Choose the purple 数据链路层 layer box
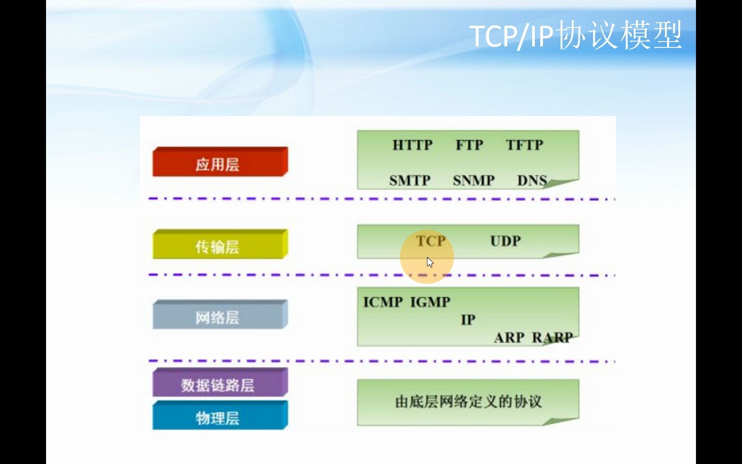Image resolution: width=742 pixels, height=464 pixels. click(219, 383)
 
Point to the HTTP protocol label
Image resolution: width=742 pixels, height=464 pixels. click(412, 145)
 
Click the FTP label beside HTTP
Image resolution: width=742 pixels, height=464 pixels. click(469, 145)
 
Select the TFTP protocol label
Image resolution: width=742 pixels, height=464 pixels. click(524, 145)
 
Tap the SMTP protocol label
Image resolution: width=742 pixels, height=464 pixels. click(409, 181)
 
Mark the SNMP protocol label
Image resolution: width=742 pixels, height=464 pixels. click(473, 181)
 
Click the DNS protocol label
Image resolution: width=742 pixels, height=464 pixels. click(532, 181)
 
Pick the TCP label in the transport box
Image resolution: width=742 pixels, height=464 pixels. click(431, 241)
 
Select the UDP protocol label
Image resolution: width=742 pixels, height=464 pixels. click(505, 241)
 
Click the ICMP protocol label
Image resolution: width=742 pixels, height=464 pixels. click(383, 302)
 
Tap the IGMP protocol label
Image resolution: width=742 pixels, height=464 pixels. click(430, 302)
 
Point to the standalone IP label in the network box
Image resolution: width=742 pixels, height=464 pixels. click(468, 320)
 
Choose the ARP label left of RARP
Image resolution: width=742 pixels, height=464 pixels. click(509, 338)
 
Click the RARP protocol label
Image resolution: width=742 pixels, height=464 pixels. click(552, 338)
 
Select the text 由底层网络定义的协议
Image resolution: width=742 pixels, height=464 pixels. click(468, 402)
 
